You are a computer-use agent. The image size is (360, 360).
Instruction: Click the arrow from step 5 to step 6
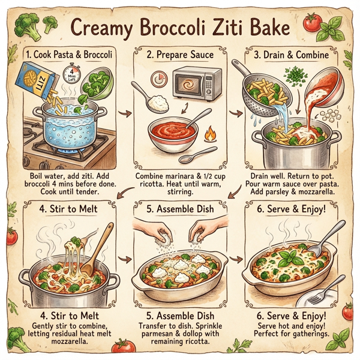238,259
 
